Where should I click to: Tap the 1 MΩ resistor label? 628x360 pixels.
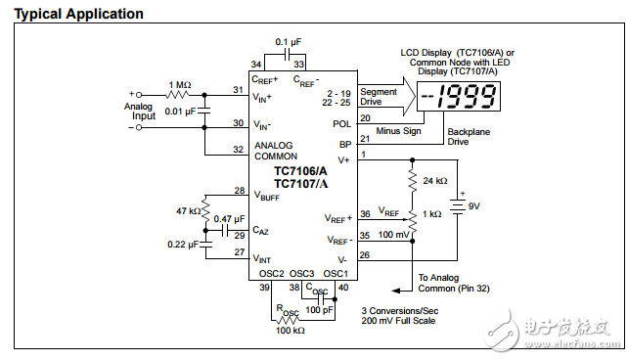tap(179, 85)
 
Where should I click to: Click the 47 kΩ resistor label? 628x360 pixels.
tap(189, 211)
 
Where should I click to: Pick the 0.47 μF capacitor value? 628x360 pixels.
tap(229, 219)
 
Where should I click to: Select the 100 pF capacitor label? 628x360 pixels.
tap(321, 310)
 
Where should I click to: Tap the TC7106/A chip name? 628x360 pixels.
tap(300, 170)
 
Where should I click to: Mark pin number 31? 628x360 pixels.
tap(238, 90)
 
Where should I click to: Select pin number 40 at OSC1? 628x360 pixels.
tap(341, 288)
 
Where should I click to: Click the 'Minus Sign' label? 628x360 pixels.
tap(398, 130)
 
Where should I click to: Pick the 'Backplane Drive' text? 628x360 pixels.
tap(471, 136)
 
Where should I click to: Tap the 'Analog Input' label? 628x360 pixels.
tap(139, 111)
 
